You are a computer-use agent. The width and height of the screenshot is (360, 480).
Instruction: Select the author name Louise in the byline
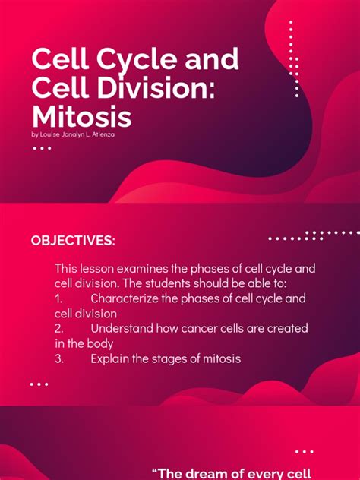[x=52, y=134]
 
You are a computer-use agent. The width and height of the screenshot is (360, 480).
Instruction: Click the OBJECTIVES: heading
[x=73, y=241]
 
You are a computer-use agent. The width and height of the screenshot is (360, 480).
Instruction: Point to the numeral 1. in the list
[x=59, y=299]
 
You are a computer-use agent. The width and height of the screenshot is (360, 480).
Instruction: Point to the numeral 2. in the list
[x=60, y=328]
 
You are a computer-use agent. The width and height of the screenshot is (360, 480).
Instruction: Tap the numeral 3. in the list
[x=60, y=358]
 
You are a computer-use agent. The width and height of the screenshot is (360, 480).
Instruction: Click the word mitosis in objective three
[x=220, y=358]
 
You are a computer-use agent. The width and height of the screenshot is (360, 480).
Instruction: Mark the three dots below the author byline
[x=41, y=148]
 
